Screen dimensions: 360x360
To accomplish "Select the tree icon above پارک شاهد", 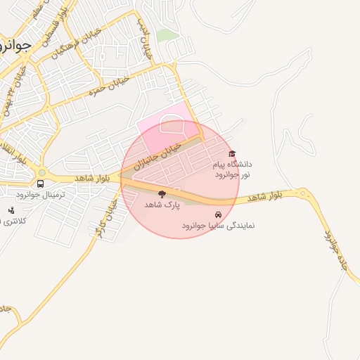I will click(162, 194).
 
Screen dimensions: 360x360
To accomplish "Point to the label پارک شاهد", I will click(162, 205).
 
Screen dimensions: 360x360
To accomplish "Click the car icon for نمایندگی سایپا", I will click(218, 214).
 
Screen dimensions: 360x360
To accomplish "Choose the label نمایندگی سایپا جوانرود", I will click(218, 226).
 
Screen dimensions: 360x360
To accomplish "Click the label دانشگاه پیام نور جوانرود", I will click(231, 169).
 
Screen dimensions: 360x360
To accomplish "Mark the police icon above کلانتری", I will click(11, 210).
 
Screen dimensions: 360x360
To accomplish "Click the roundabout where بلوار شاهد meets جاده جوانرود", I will click(303, 193).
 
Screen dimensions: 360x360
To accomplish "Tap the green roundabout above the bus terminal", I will click(42, 172).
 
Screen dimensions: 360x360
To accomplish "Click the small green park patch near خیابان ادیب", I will click(167, 35).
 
